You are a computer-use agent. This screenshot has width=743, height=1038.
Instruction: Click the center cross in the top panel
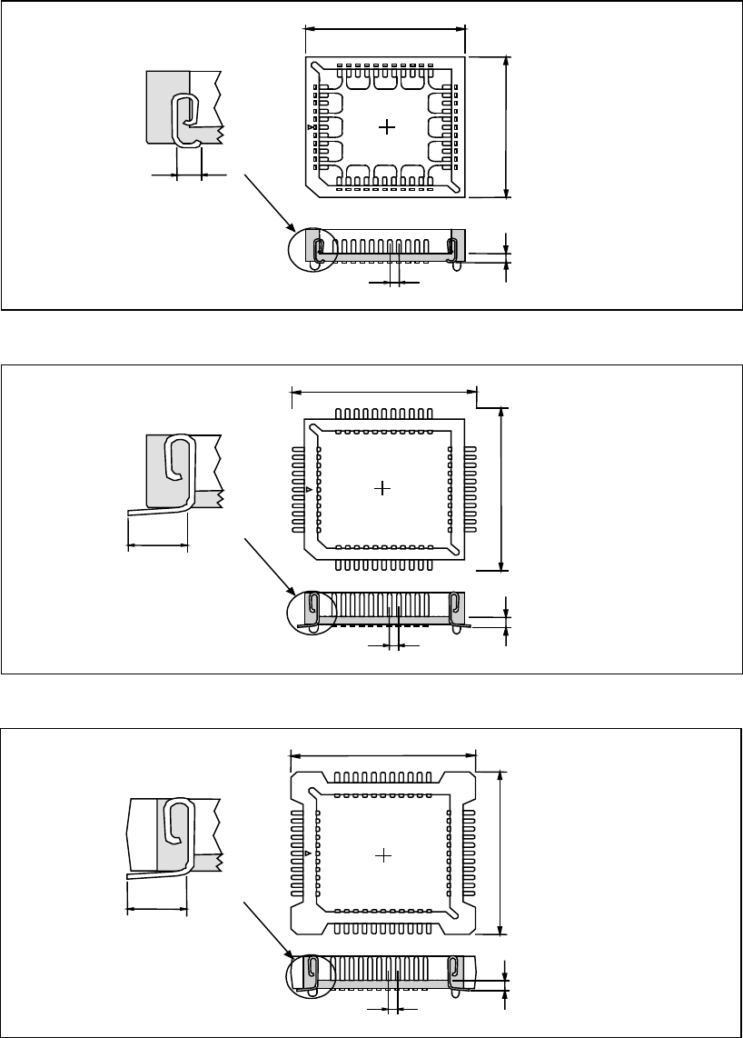tap(387, 127)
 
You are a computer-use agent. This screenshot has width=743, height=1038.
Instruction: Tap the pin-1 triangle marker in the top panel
tap(311, 128)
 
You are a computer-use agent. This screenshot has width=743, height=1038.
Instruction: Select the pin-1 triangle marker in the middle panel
tap(310, 489)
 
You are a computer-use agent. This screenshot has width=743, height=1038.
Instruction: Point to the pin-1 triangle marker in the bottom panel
tap(310, 854)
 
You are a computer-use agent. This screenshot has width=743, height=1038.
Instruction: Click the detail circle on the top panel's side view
tap(312, 246)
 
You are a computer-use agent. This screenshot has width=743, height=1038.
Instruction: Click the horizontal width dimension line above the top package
tap(385, 27)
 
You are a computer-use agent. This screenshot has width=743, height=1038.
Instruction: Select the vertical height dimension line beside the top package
tap(507, 125)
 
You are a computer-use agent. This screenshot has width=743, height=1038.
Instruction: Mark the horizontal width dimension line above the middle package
tap(383, 393)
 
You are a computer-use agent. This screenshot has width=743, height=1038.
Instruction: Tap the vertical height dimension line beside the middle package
tap(502, 488)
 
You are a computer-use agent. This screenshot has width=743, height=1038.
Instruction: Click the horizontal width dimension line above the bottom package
tap(382, 754)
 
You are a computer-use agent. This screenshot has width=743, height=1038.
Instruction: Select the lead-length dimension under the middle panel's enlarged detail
tap(156, 546)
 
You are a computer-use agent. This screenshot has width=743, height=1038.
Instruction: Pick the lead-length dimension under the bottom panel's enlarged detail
tap(155, 908)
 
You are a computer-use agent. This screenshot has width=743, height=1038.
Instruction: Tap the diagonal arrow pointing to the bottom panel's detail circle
tap(270, 931)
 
